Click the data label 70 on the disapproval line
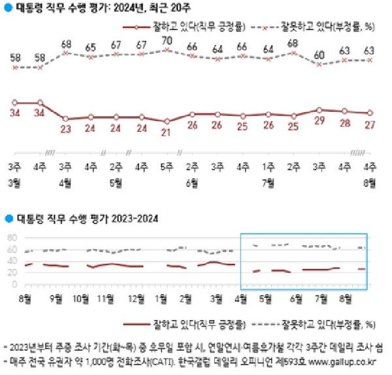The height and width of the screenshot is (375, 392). tap(167, 41)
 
